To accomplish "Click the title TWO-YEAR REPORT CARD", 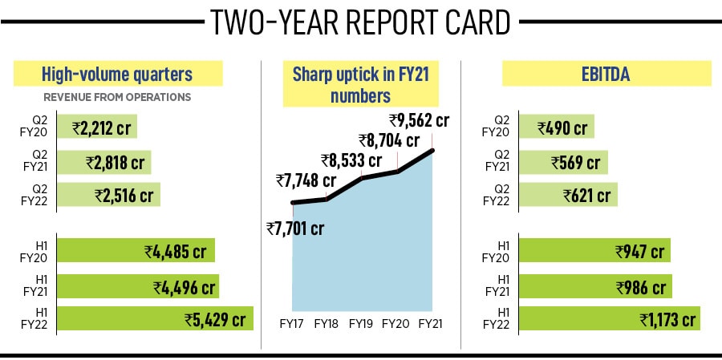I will click(x=360, y=22).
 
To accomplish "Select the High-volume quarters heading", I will click(x=117, y=75).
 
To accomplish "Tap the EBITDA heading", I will click(x=606, y=75).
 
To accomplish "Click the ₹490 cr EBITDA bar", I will click(x=556, y=127).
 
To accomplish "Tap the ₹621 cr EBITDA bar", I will click(x=568, y=195).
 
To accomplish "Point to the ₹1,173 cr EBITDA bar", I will click(x=609, y=319).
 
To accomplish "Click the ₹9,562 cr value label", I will click(x=419, y=120).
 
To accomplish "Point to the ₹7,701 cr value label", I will click(x=295, y=229).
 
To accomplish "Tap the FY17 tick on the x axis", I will click(x=292, y=323).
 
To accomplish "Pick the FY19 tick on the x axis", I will click(x=362, y=323).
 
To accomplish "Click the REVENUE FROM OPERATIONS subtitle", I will click(x=116, y=97).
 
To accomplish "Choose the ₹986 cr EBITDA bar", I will click(x=595, y=285).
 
